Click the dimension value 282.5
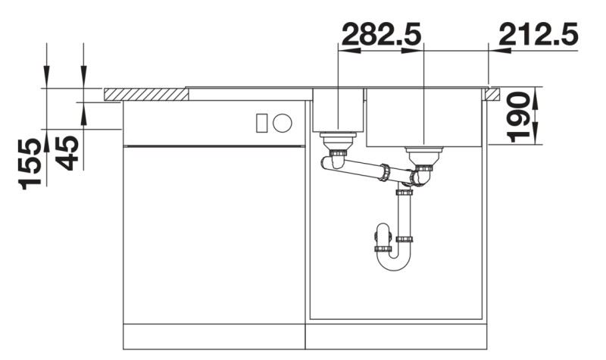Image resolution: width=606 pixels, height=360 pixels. pyautogui.click(x=381, y=33)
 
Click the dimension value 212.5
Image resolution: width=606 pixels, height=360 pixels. pyautogui.click(x=539, y=33)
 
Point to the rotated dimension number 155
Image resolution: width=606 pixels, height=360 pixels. pyautogui.click(x=32, y=163)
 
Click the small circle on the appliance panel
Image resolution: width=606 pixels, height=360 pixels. pyautogui.click(x=283, y=122)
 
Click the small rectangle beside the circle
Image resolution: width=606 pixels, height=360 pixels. pyautogui.click(x=262, y=122)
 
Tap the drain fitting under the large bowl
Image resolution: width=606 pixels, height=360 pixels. pyautogui.click(x=423, y=155)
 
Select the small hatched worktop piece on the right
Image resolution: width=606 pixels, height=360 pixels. pyautogui.click(x=493, y=94)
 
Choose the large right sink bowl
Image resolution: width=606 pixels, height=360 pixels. pyautogui.click(x=423, y=117)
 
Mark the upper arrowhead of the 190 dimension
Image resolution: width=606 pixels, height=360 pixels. pyautogui.click(x=536, y=95)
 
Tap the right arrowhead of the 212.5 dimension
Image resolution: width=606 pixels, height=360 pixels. pyautogui.click(x=497, y=51)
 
